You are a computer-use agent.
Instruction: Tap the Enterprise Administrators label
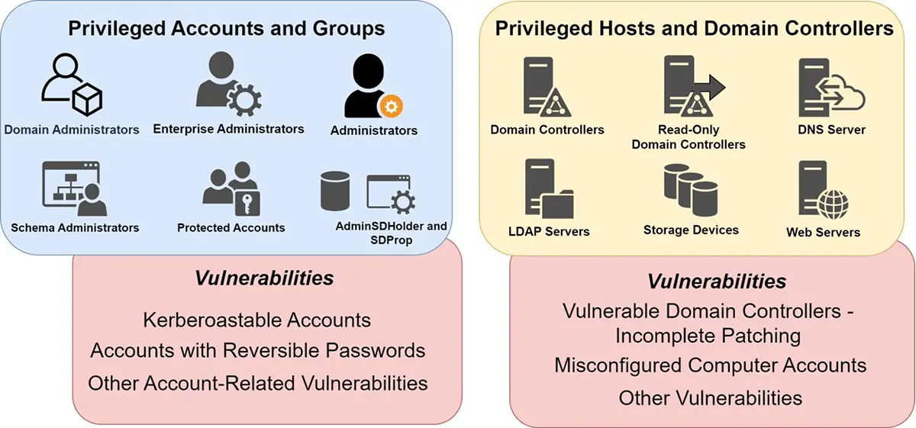pos(229,128)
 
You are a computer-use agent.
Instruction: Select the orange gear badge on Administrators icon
pos(392,106)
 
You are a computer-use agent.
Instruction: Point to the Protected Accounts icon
pos(231,191)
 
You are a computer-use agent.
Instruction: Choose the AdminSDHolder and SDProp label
pos(392,233)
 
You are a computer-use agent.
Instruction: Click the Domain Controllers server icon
pos(544,88)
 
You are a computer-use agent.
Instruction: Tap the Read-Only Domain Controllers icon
pos(691,88)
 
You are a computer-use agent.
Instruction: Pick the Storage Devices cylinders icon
pos(690,190)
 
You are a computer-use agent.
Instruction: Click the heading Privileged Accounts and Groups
pos(227,30)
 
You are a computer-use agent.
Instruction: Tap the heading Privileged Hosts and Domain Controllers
pos(694,30)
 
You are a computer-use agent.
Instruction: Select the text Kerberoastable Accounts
pos(257,320)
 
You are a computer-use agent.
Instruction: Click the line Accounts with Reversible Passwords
pos(257,351)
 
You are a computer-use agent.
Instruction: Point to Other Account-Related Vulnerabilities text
pos(257,382)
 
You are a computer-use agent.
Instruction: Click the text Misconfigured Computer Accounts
pos(710,365)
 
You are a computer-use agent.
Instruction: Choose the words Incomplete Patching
pos(709,335)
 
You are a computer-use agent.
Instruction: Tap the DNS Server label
pos(831,130)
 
